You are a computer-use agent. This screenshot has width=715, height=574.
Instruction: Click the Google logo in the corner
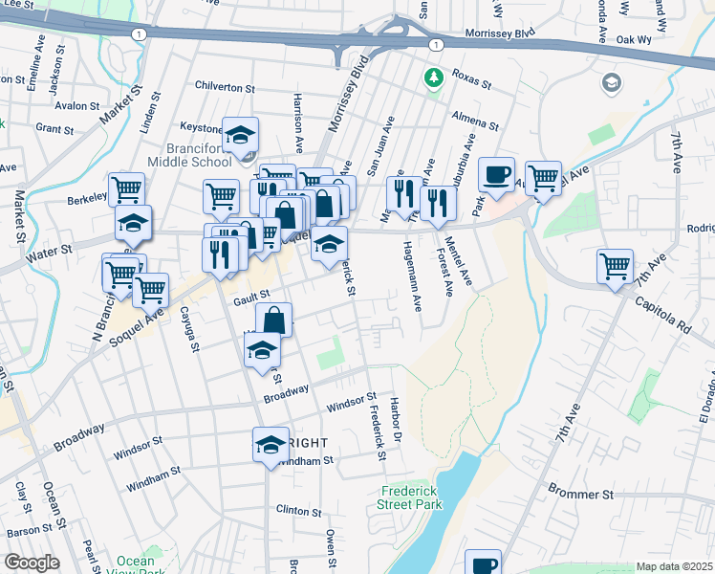pos(32,563)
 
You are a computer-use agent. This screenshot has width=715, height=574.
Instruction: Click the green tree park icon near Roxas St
pos(435,77)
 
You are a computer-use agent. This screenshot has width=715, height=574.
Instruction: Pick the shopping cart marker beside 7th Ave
pos(615,267)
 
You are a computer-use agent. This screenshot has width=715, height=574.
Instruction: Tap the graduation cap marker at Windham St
pos(271,444)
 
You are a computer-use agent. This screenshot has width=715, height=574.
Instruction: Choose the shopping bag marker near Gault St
pos(273,320)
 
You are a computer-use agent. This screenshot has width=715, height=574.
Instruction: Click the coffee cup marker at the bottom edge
pos(483,564)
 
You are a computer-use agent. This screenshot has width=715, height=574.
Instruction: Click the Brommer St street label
pos(580,494)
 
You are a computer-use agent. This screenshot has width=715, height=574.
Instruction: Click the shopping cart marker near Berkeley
pos(126,189)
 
